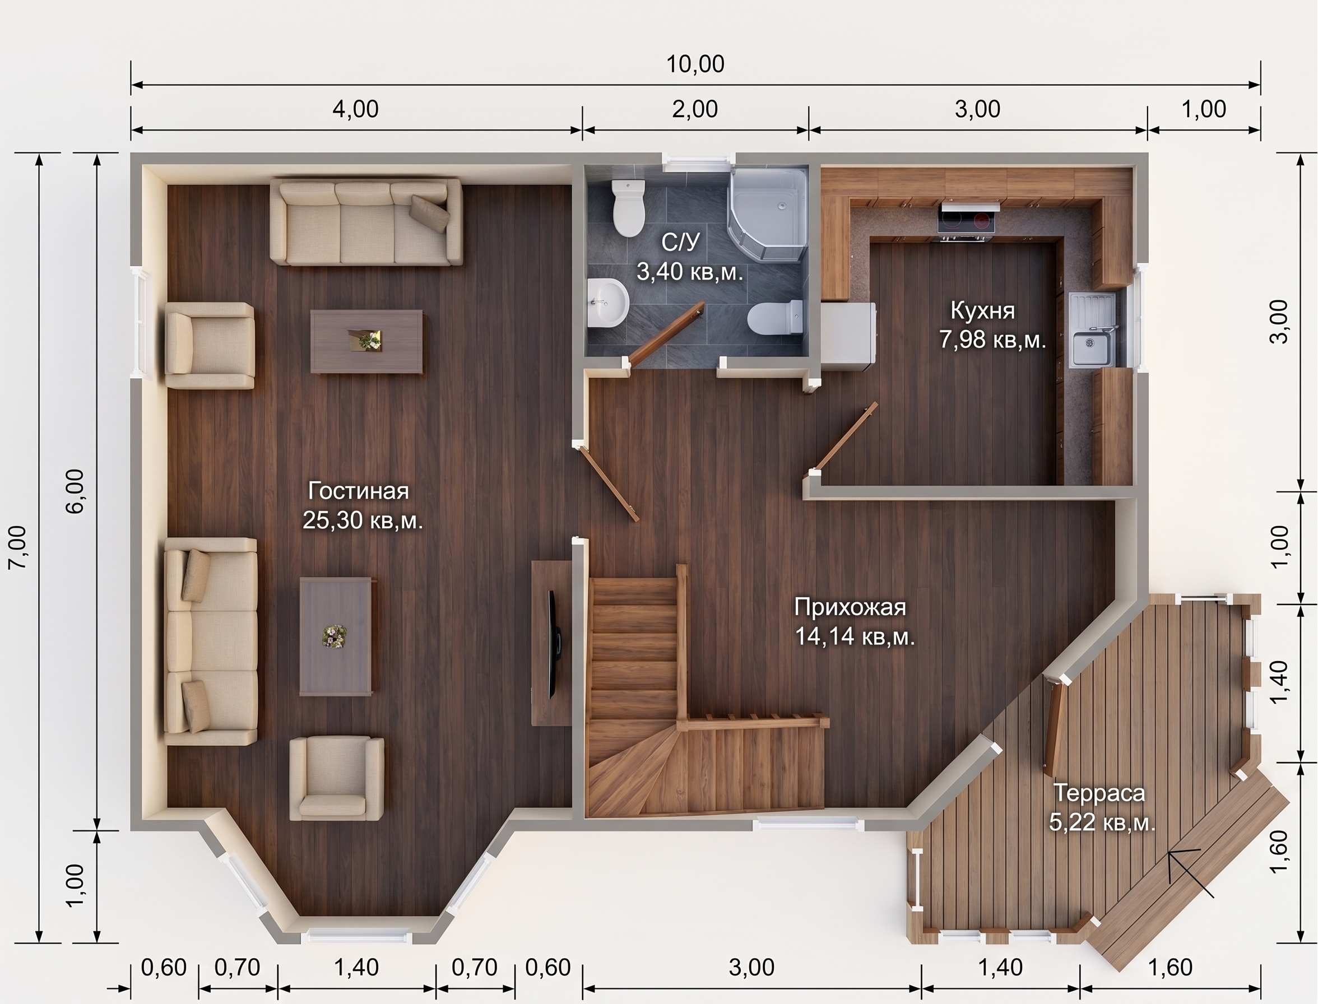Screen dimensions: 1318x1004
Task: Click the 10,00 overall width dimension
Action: [695, 64]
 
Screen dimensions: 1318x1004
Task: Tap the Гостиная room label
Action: [358, 491]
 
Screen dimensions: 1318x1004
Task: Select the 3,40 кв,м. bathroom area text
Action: [689, 272]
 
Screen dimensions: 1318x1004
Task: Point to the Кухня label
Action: [982, 312]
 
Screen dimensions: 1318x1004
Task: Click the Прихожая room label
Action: [850, 608]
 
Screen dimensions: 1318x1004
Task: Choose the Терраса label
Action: [1099, 793]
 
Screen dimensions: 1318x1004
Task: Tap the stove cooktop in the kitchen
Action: [967, 222]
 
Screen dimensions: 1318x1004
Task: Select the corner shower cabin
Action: [767, 216]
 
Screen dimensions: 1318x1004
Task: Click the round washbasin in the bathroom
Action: [607, 303]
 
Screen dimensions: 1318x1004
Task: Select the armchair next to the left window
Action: [209, 346]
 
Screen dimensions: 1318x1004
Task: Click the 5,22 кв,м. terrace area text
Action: [1102, 823]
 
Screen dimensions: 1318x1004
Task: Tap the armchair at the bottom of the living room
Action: [337, 779]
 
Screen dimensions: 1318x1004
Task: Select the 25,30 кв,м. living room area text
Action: [362, 520]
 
